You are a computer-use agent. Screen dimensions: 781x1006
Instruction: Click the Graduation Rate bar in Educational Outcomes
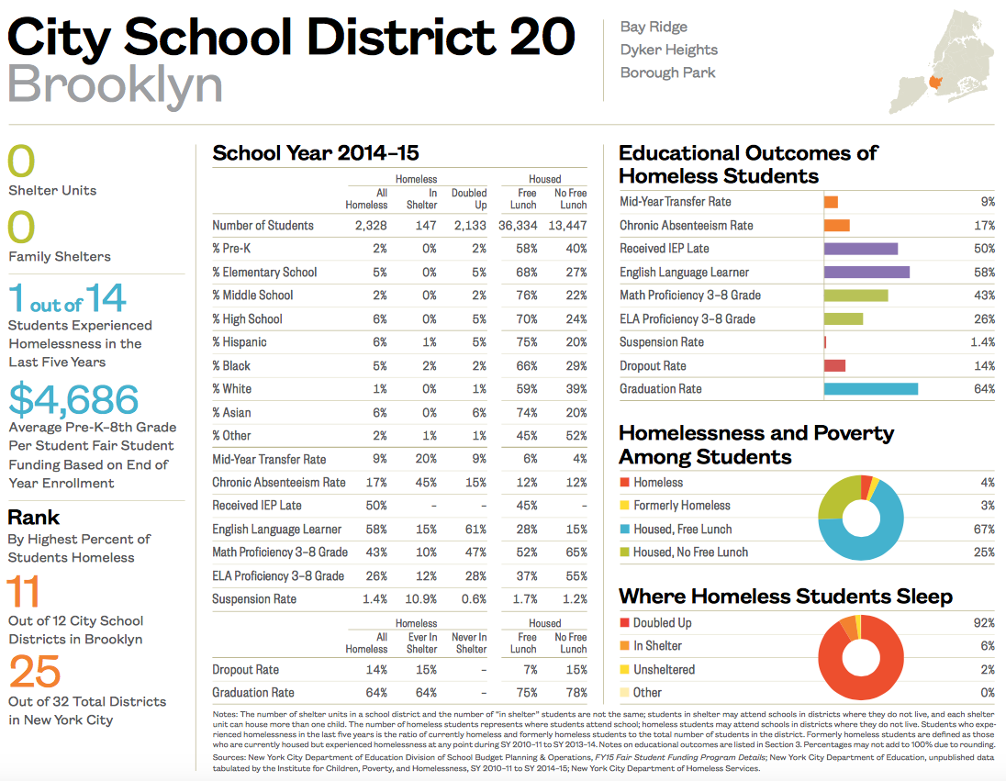point(870,389)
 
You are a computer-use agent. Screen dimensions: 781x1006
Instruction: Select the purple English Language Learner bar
point(866,273)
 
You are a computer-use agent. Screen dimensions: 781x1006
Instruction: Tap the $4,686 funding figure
point(73,400)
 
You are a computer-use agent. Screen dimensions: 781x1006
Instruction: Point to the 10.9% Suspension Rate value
point(420,599)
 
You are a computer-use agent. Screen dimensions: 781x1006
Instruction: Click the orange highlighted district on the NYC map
point(935,83)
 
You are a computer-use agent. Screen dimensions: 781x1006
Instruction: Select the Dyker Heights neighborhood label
point(668,50)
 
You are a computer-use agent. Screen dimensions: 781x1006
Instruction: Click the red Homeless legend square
point(625,483)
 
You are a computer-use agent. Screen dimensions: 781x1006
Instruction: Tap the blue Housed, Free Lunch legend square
point(625,530)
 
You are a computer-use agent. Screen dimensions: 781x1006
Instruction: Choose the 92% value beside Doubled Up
point(983,623)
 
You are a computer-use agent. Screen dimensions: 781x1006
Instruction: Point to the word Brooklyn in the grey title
point(115,85)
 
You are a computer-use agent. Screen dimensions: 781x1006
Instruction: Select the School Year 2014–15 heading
point(315,153)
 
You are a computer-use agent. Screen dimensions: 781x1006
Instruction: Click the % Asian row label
point(231,413)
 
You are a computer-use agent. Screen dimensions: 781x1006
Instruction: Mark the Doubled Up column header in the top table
point(469,199)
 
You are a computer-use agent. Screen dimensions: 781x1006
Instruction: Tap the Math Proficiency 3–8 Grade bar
point(855,296)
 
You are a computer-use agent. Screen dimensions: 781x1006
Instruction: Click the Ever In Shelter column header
point(422,642)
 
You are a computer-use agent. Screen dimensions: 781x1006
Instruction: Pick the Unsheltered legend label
point(664,670)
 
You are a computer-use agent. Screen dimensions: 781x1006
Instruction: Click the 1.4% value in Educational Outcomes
point(982,342)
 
